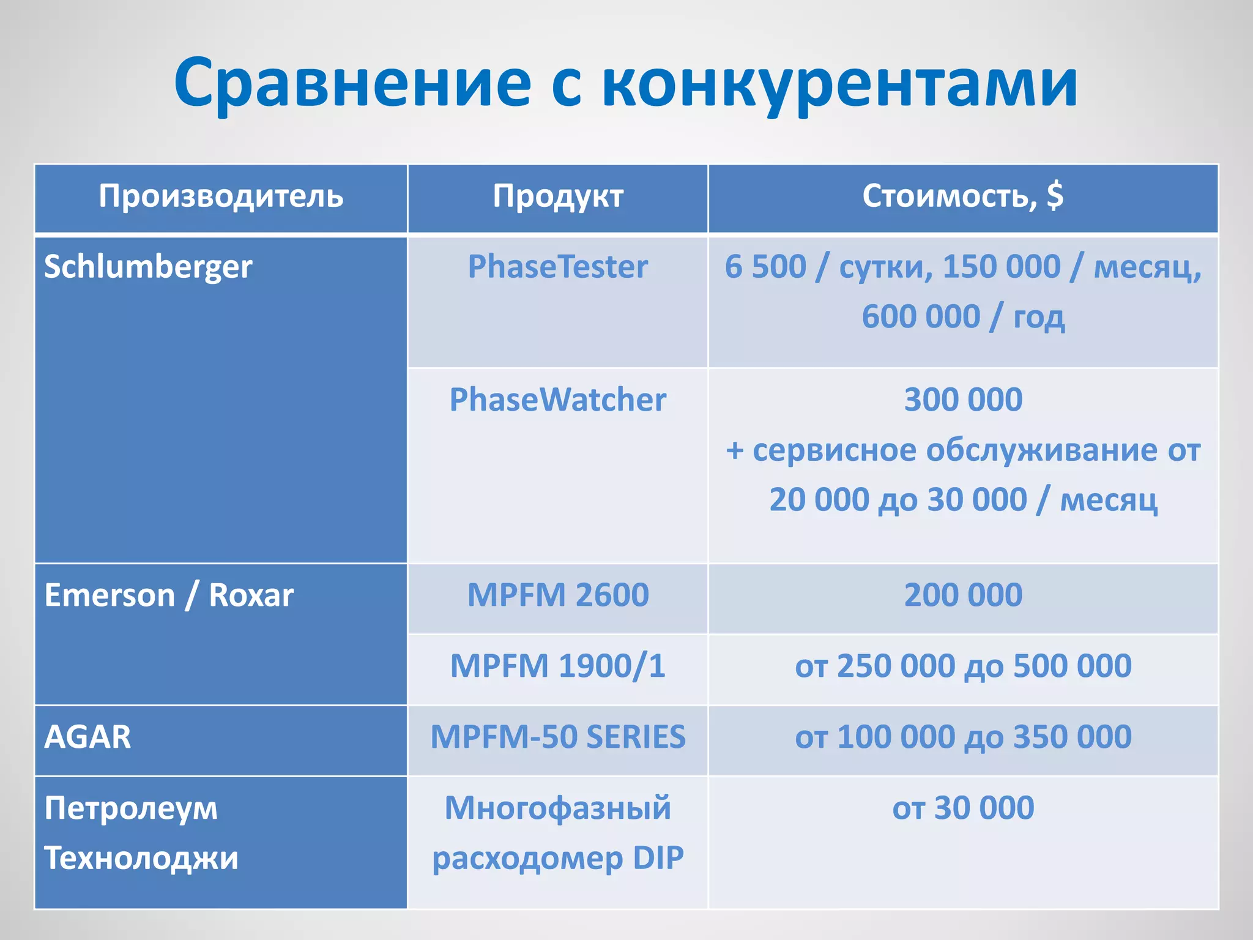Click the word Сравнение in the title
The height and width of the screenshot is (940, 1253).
pyautogui.click(x=352, y=83)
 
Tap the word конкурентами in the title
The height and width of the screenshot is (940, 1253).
pyautogui.click(x=839, y=83)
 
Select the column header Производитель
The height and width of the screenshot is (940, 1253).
pyautogui.click(x=221, y=196)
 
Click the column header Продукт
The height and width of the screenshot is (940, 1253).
pyautogui.click(x=558, y=196)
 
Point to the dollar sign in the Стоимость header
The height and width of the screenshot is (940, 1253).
pyautogui.click(x=1055, y=196)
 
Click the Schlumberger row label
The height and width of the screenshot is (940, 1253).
pyautogui.click(x=148, y=267)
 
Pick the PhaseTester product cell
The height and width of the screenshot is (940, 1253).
pyautogui.click(x=558, y=267)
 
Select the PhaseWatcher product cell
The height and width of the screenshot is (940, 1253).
pyautogui.click(x=558, y=400)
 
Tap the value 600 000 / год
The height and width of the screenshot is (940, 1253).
pyautogui.click(x=963, y=317)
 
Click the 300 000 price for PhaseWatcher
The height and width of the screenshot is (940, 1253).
pyautogui.click(x=963, y=400)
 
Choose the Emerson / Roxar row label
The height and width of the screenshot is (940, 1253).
pyautogui.click(x=169, y=595)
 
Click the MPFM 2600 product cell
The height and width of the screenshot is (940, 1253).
pyautogui.click(x=558, y=595)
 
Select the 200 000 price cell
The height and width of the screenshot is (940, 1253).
pyautogui.click(x=963, y=595)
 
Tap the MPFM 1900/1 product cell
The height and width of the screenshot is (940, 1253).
pyautogui.click(x=558, y=666)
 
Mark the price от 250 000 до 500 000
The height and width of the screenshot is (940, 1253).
pyautogui.click(x=963, y=666)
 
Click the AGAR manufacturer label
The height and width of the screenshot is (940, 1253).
pyautogui.click(x=87, y=737)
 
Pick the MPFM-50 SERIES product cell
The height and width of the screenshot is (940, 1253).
pyautogui.click(x=558, y=737)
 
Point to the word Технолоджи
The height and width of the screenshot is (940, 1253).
pyautogui.click(x=141, y=858)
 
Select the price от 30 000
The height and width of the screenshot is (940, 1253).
pyautogui.click(x=963, y=808)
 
